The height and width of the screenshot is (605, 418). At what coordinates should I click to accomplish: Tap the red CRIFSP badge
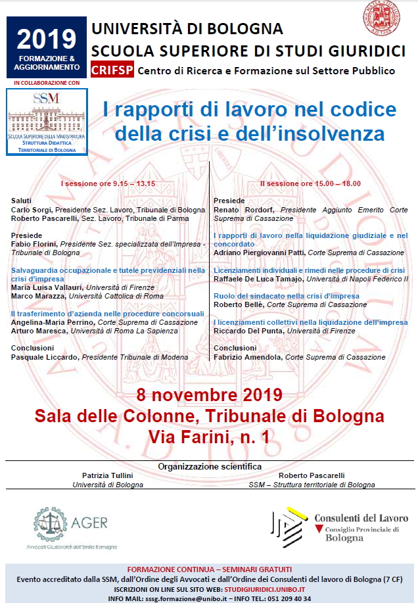(x=113, y=70)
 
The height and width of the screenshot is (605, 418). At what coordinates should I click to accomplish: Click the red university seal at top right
(x=382, y=18)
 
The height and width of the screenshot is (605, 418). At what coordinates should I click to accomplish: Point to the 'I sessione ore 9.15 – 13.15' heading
(x=108, y=183)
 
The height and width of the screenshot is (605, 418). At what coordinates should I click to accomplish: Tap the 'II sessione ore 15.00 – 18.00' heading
(x=310, y=183)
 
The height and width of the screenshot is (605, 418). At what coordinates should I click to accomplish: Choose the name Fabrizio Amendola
(x=246, y=357)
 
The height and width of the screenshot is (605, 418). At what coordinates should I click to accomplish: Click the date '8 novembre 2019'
(x=209, y=395)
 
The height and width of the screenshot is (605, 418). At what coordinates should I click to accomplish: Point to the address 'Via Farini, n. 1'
(x=209, y=435)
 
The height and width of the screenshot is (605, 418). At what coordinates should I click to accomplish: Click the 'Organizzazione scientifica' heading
(x=210, y=466)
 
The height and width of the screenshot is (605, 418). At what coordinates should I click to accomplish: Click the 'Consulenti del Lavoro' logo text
(x=360, y=518)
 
